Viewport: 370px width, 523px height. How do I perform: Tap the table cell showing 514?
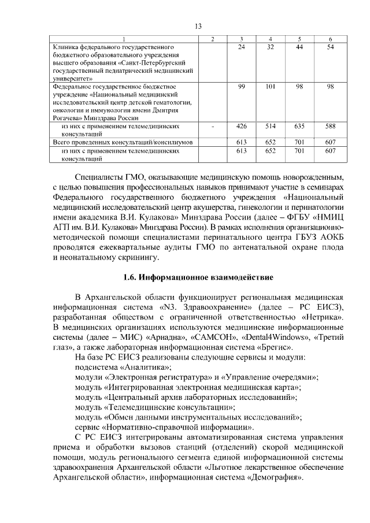coord(271,125)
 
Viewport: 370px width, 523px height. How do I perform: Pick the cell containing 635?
coord(299,125)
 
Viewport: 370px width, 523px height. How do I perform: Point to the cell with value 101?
coord(271,86)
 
